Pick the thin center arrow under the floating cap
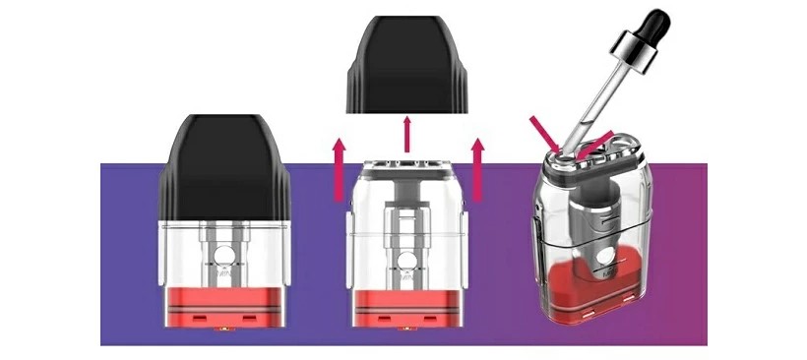(x=407, y=135)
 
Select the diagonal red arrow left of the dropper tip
(x=544, y=133)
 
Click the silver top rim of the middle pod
(x=407, y=162)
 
